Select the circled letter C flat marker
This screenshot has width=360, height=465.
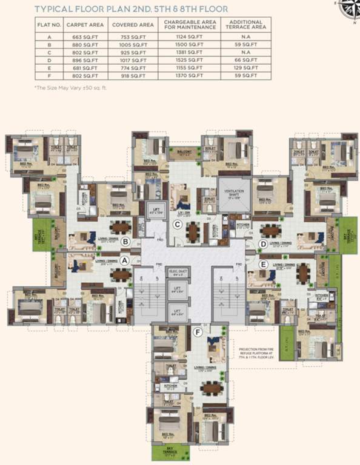coord(178,225)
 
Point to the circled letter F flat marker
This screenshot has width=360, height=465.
coord(197,332)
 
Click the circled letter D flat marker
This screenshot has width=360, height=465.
coord(262,244)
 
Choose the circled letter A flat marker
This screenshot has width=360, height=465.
coord(125,261)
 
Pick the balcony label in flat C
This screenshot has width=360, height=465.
coord(185,153)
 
